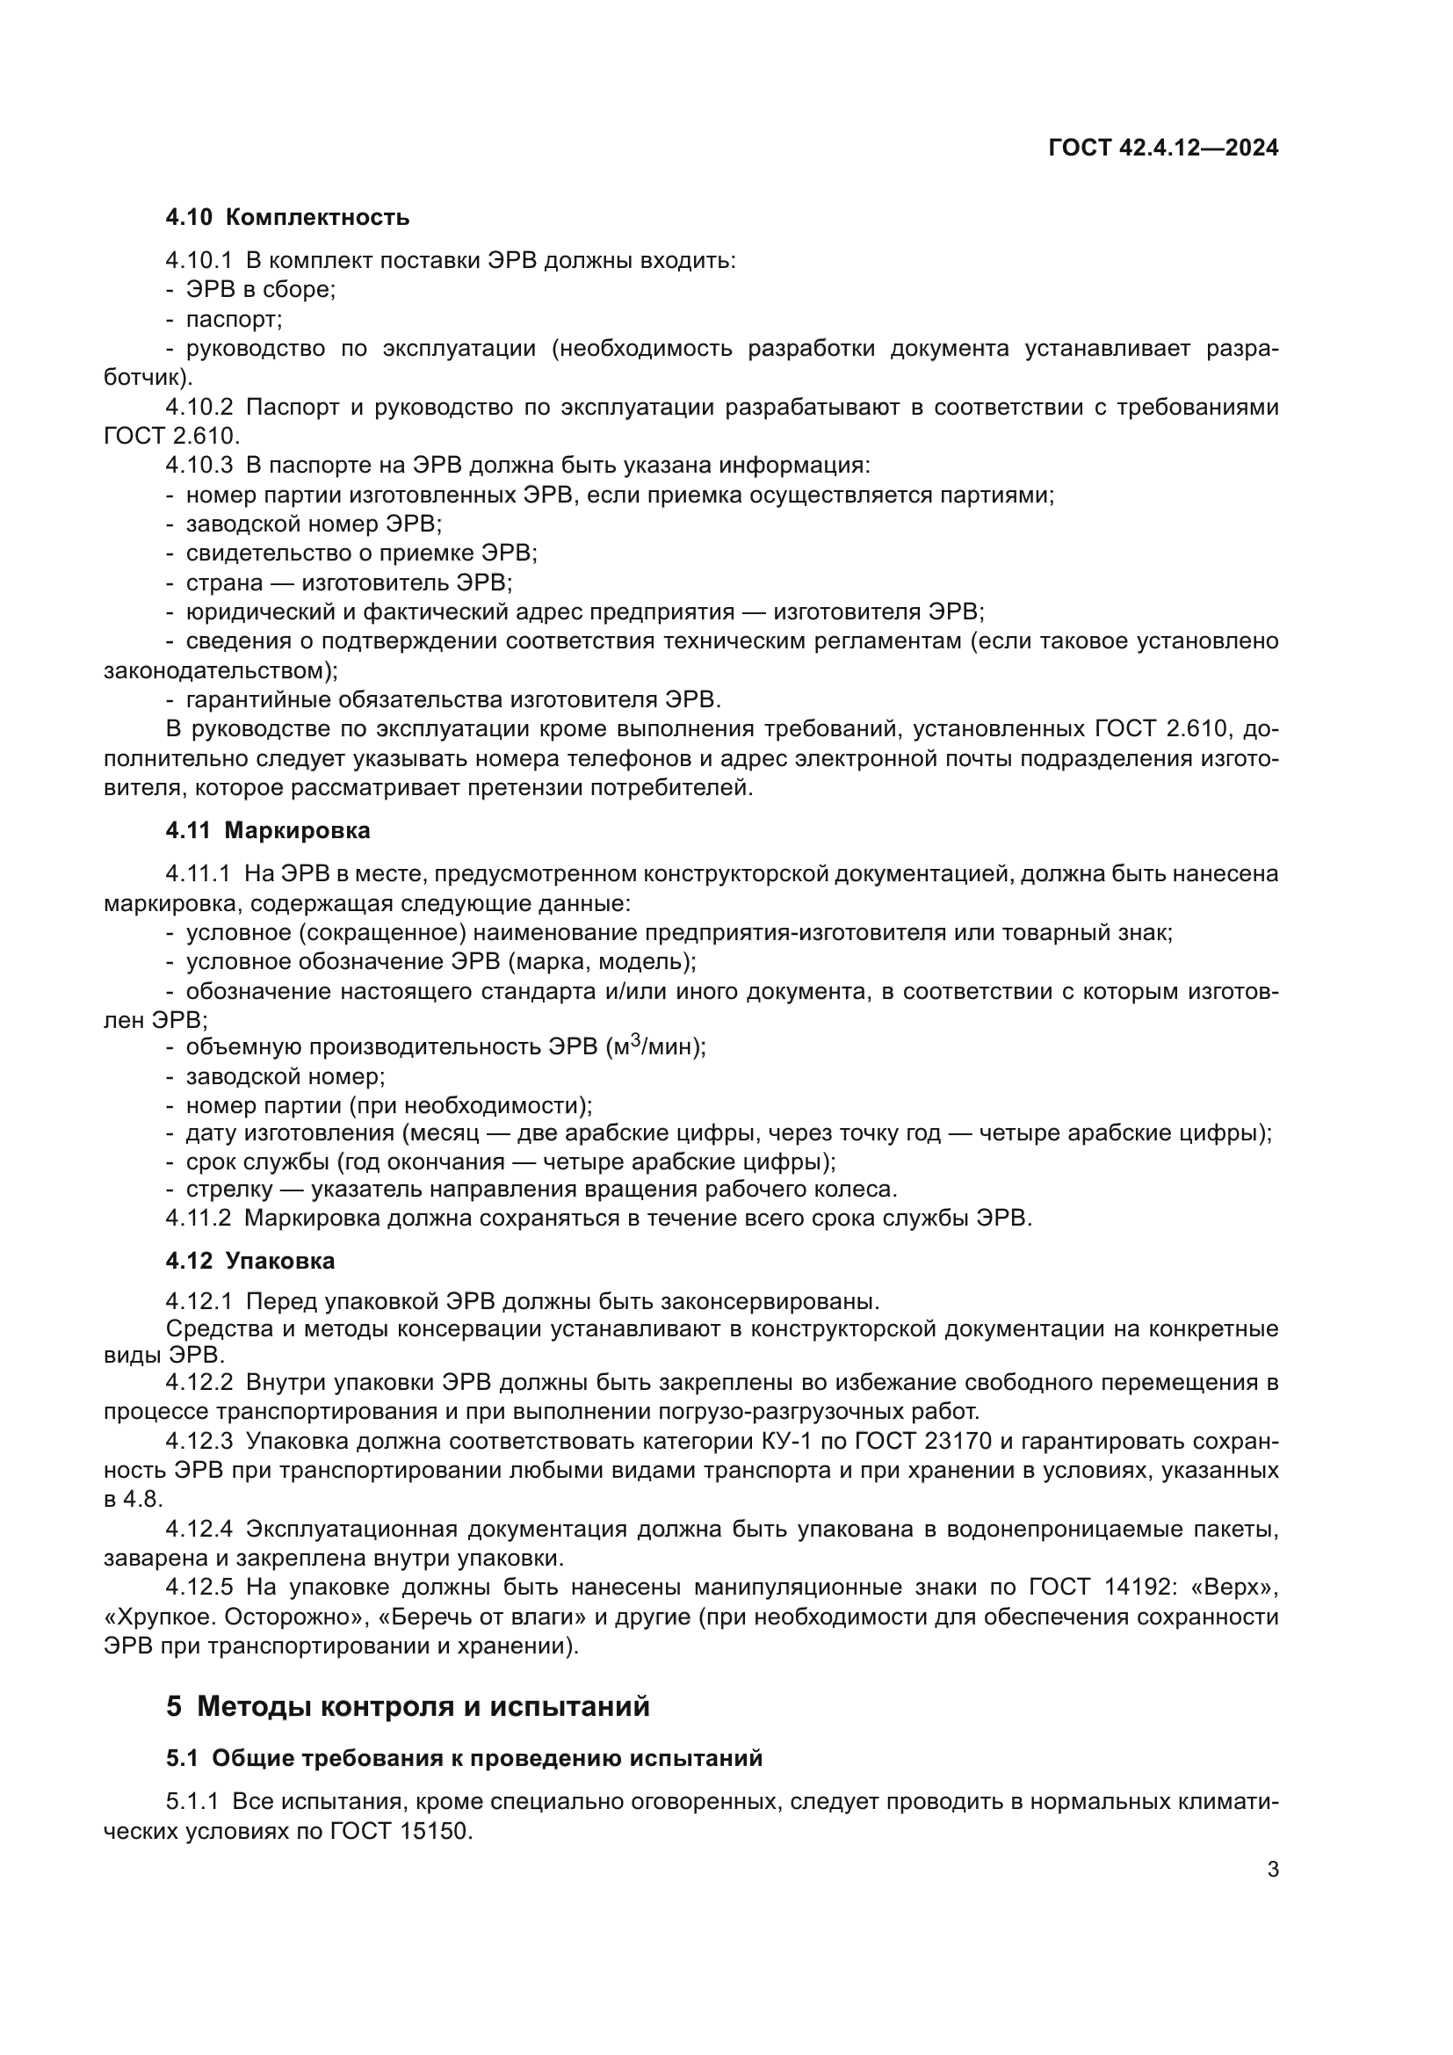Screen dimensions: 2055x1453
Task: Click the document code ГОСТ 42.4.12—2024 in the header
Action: click(x=1163, y=148)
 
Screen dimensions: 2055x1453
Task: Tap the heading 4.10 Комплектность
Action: click(x=287, y=218)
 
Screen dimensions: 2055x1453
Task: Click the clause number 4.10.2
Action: click(x=199, y=409)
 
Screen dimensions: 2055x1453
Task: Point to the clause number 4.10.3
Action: click(x=199, y=467)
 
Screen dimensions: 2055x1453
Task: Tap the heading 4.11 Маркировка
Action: click(x=268, y=831)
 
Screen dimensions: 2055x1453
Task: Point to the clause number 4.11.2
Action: click(x=199, y=1219)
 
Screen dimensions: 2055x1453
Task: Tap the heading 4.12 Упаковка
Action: click(x=249, y=1262)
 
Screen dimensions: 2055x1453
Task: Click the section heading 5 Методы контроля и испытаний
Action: click(x=408, y=1707)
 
